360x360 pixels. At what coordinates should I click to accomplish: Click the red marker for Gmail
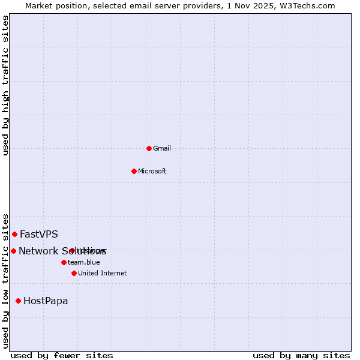tap(149, 148)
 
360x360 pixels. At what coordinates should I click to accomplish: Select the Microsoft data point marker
tap(134, 171)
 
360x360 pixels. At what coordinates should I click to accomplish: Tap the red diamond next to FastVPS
tap(14, 234)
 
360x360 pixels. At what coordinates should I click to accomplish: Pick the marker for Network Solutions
tap(13, 251)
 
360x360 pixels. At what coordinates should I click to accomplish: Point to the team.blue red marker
tap(64, 262)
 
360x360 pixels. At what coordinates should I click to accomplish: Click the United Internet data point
tap(74, 273)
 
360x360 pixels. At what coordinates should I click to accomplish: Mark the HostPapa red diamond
tap(18, 301)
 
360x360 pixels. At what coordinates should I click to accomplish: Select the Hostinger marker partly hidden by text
tap(72, 250)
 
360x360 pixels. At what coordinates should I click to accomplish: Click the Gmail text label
tap(162, 148)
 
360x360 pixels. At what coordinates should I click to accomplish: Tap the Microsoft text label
tap(152, 171)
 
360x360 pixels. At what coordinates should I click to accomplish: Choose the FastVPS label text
tap(39, 234)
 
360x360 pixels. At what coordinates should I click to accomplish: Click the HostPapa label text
tap(46, 301)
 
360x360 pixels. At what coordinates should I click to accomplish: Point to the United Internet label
tap(103, 273)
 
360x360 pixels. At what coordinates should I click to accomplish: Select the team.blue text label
tap(84, 262)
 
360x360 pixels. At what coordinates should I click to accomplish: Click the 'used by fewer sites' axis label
tap(62, 355)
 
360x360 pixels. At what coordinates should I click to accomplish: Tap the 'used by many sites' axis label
tap(301, 355)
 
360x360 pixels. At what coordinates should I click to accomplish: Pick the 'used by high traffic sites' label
tap(5, 85)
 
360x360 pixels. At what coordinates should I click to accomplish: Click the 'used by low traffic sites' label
tap(5, 280)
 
